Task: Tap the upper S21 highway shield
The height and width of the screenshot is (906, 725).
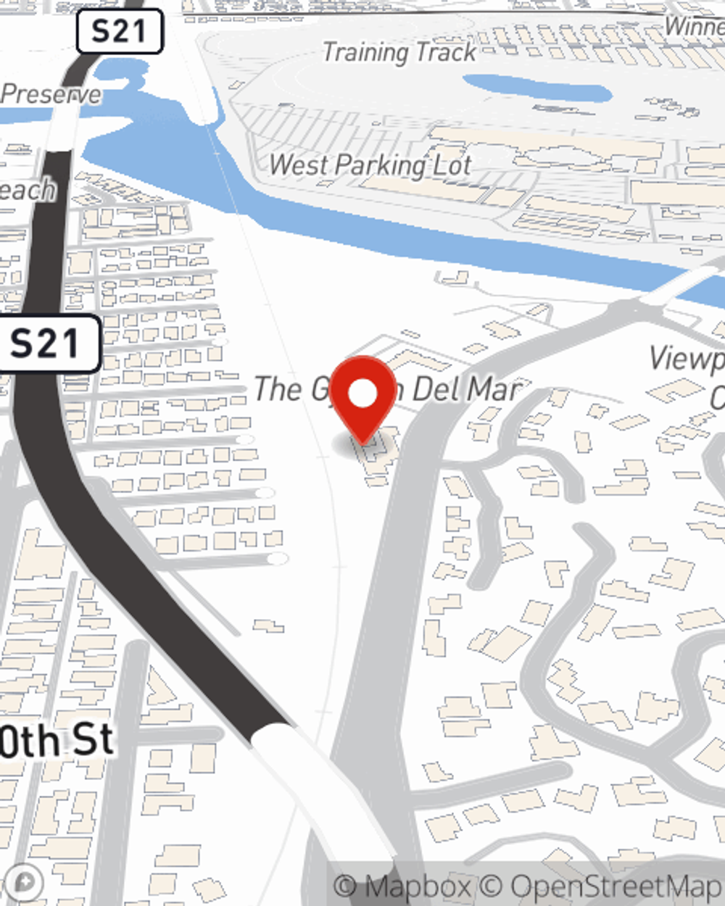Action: point(119,32)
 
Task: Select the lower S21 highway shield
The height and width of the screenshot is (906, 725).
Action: point(45,344)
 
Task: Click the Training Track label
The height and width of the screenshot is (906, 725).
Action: point(399,52)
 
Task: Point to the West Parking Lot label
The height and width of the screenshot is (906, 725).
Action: point(370,166)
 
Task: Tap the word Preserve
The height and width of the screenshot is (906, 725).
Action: point(51,94)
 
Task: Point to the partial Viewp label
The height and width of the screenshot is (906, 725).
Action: point(686,359)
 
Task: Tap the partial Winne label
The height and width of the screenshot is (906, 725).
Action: point(695,27)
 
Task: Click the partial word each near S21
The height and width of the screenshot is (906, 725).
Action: point(28,190)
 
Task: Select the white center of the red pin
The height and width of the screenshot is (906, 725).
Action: point(364,394)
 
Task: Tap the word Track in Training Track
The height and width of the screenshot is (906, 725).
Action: point(446,52)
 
